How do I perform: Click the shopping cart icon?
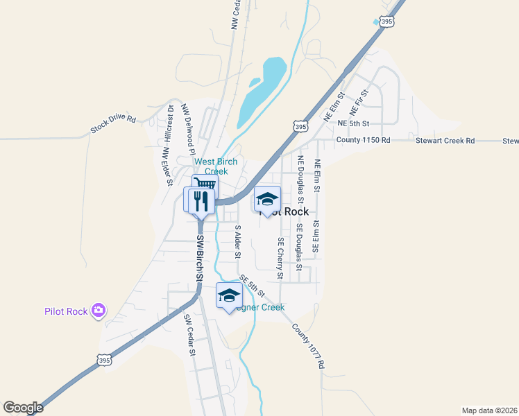tap(205, 184)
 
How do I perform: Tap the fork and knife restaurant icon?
tap(201, 201)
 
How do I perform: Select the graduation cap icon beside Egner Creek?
tap(229, 296)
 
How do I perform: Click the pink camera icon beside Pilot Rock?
tap(99, 311)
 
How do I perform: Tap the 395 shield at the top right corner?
tap(387, 22)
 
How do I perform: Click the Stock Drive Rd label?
tap(112, 123)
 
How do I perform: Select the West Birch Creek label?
tap(216, 166)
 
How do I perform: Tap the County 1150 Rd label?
tap(363, 140)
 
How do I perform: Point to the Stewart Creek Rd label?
tap(445, 140)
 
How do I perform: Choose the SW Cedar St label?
tap(189, 335)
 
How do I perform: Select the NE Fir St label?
tap(359, 101)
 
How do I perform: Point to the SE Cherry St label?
tap(280, 258)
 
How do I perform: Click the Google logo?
tap(23, 408)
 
